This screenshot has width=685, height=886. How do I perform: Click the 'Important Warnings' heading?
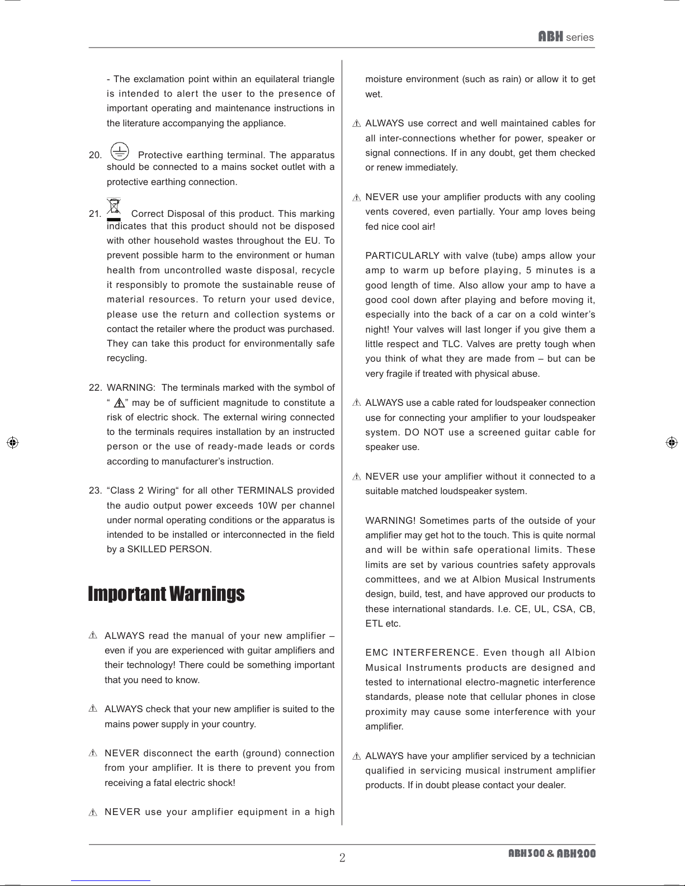tap(166, 594)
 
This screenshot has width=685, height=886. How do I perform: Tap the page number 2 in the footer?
tap(342, 857)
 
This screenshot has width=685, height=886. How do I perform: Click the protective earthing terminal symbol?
tap(119, 151)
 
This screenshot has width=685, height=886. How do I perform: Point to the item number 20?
tap(95, 155)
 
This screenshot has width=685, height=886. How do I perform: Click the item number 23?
tap(95, 491)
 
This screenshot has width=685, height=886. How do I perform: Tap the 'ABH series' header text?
tap(565, 37)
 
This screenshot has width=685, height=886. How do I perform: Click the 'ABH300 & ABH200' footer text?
tap(551, 854)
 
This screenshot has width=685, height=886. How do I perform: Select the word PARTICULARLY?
tap(402, 256)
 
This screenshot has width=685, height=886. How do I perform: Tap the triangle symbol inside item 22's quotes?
tap(119, 403)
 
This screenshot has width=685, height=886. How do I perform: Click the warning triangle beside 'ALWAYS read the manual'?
tap(93, 636)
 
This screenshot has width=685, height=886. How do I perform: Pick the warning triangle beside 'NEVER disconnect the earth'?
tap(93, 754)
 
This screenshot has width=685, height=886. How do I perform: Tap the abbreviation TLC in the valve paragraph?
tap(451, 344)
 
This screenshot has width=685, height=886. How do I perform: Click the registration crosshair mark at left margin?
tap(12, 442)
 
